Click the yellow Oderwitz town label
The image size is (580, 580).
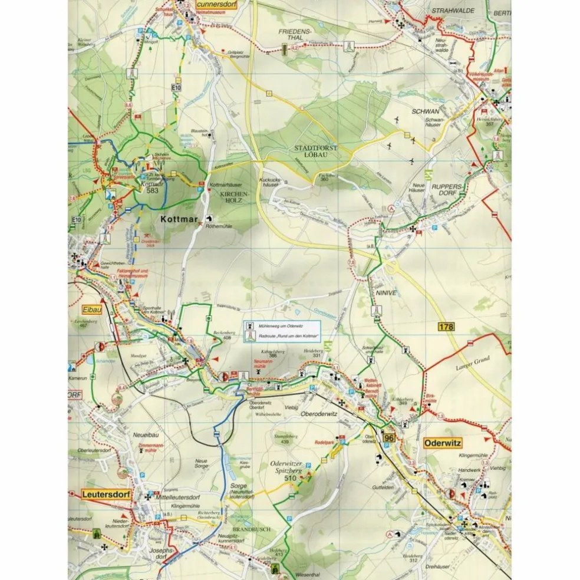(442, 442)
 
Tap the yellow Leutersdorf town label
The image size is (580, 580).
(106, 494)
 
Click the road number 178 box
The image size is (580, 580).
(447, 326)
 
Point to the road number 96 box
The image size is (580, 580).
(388, 437)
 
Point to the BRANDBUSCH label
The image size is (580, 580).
(252, 529)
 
